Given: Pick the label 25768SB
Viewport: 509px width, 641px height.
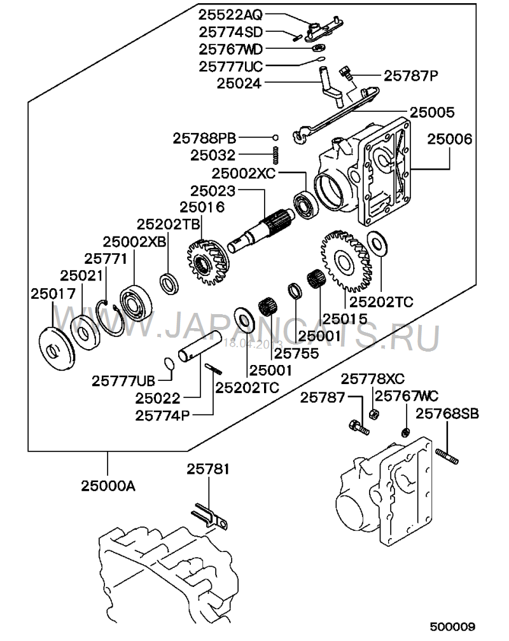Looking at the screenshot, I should click(448, 413).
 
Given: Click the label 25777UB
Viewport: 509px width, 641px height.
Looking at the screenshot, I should click(123, 382).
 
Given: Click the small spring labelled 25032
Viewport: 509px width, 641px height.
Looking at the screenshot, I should click(275, 154).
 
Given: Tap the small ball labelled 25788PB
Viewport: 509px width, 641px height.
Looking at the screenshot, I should click(275, 137).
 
